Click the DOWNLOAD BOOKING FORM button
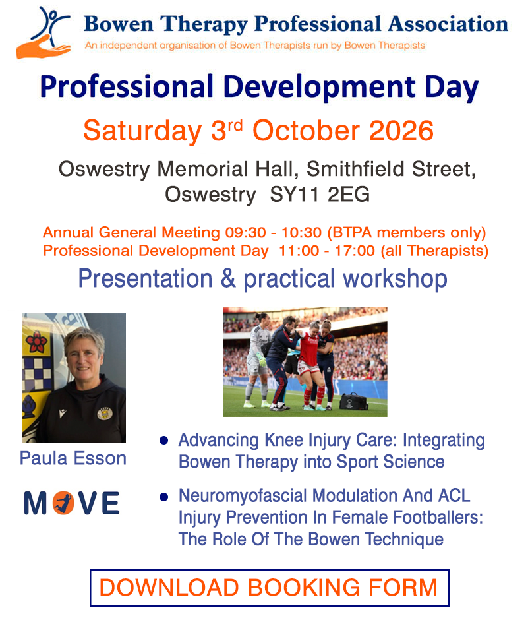coord(269,587)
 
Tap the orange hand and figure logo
coord(44,32)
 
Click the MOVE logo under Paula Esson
coord(72,503)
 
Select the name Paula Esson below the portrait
coord(73,459)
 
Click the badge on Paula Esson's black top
coord(103,414)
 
